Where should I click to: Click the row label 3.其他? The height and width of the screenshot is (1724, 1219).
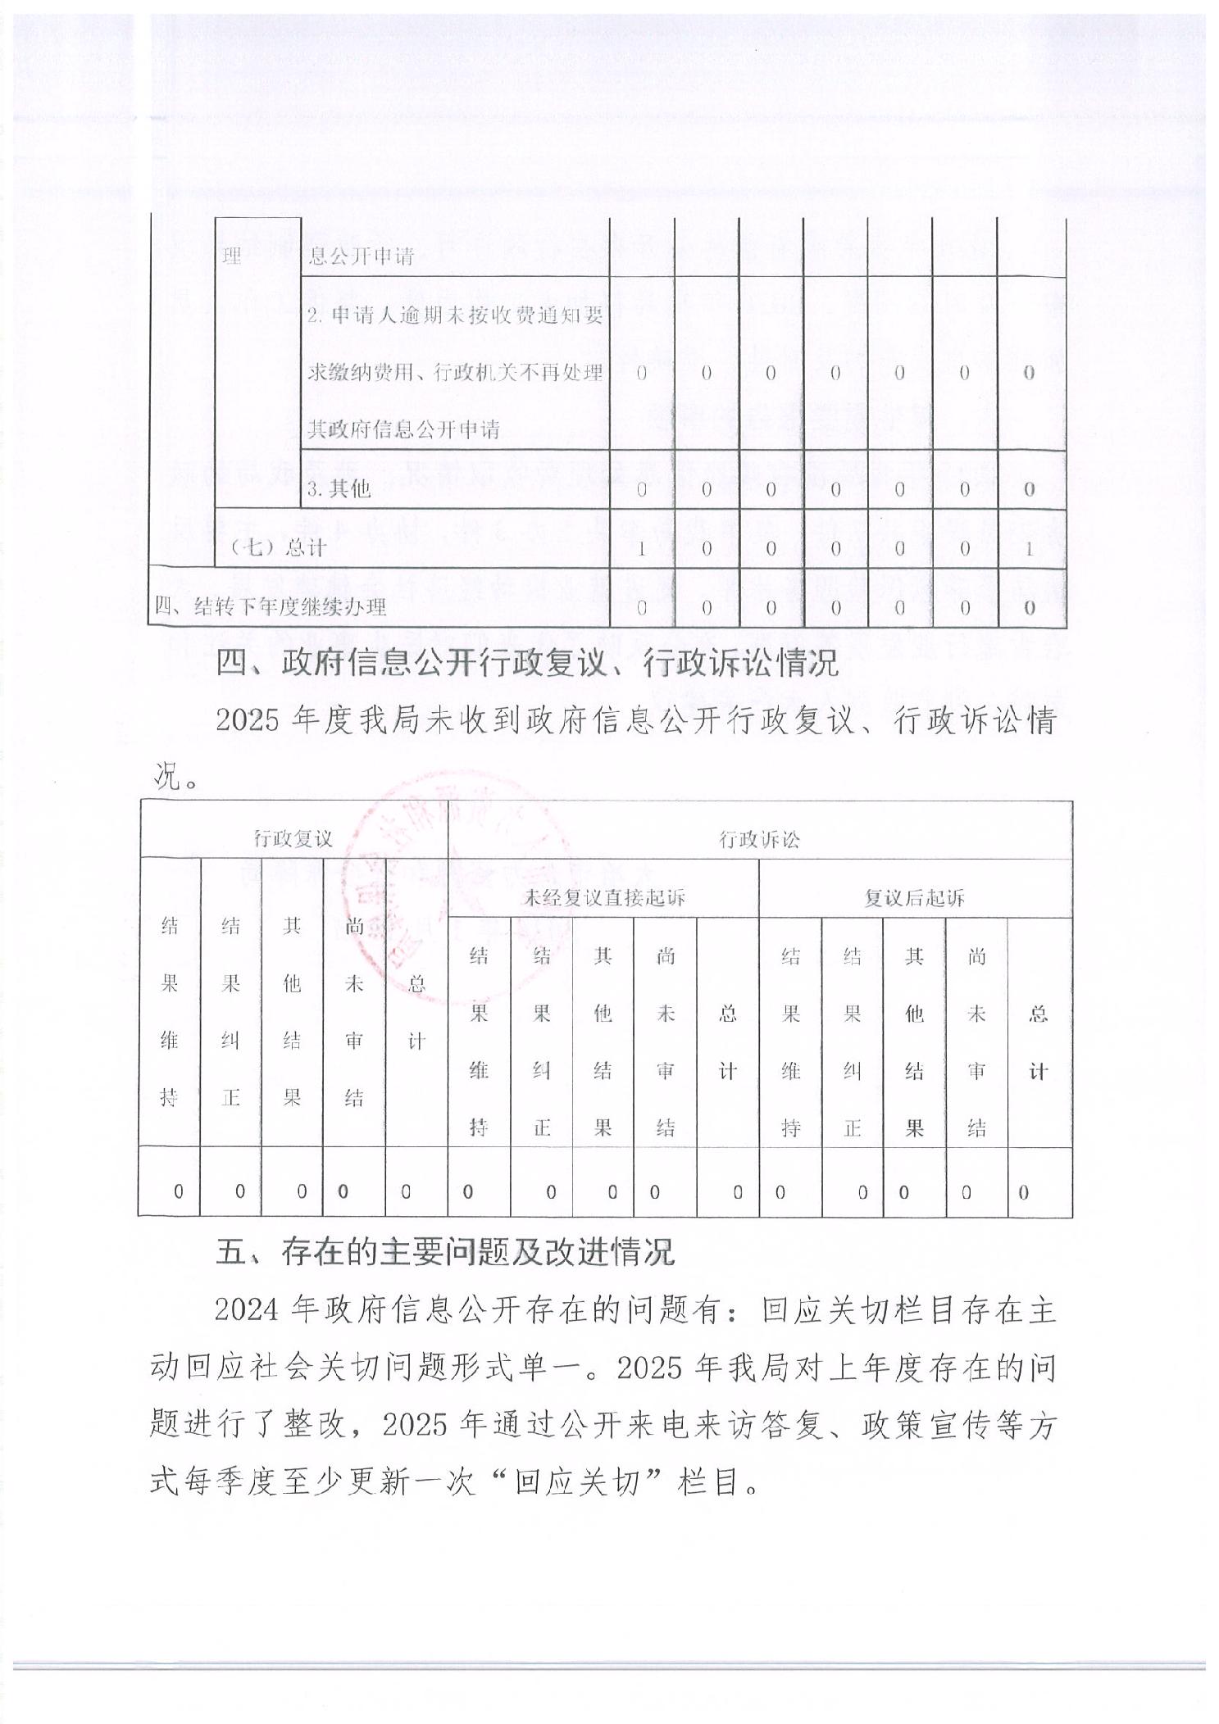click(339, 489)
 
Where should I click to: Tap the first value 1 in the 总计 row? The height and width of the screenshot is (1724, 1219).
click(641, 547)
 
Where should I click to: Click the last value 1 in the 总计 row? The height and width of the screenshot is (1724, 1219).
click(1030, 547)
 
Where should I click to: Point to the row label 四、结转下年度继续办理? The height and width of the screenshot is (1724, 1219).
click(271, 606)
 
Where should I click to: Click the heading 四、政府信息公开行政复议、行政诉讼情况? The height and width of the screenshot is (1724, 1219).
click(527, 663)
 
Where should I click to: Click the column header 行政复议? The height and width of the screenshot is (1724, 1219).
click(293, 838)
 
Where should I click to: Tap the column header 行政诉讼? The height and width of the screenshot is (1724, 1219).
click(759, 838)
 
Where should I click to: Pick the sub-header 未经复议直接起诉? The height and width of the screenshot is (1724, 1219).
click(603, 897)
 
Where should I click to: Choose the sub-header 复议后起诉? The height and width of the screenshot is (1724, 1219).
click(915, 897)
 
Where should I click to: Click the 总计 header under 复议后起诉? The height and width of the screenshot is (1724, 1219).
click(1038, 1042)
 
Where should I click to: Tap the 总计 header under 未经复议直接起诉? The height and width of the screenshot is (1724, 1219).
click(727, 1042)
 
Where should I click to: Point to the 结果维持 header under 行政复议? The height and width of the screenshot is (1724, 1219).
click(169, 1012)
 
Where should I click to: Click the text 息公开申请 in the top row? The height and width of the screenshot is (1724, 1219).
click(361, 256)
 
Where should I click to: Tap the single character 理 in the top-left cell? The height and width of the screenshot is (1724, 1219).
click(232, 256)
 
